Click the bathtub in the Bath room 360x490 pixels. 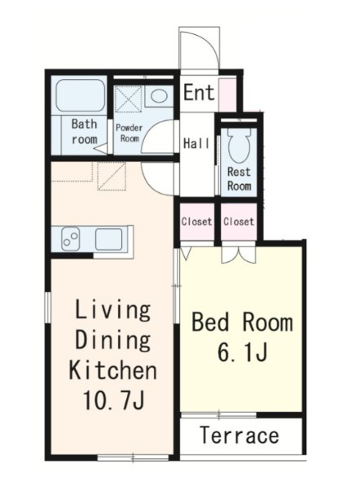[x=81, y=95]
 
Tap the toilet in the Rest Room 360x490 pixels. [x=239, y=146]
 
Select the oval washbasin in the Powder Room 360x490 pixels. [x=159, y=95]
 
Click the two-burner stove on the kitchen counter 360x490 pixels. [x=70, y=238]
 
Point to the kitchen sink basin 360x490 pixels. [x=108, y=239]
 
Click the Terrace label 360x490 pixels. [x=239, y=435]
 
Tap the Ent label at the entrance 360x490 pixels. [x=199, y=93]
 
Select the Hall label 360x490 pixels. [x=196, y=143]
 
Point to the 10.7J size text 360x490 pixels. [x=113, y=400]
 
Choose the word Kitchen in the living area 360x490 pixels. [x=112, y=370]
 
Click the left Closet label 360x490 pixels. [x=196, y=222]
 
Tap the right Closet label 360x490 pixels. [x=239, y=221]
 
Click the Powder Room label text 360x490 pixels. [x=130, y=133]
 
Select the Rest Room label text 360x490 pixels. [x=239, y=179]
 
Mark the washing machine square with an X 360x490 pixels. [x=129, y=98]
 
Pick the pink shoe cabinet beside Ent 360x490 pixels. [x=227, y=95]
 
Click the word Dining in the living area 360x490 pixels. [x=113, y=340]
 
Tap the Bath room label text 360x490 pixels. [x=84, y=132]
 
